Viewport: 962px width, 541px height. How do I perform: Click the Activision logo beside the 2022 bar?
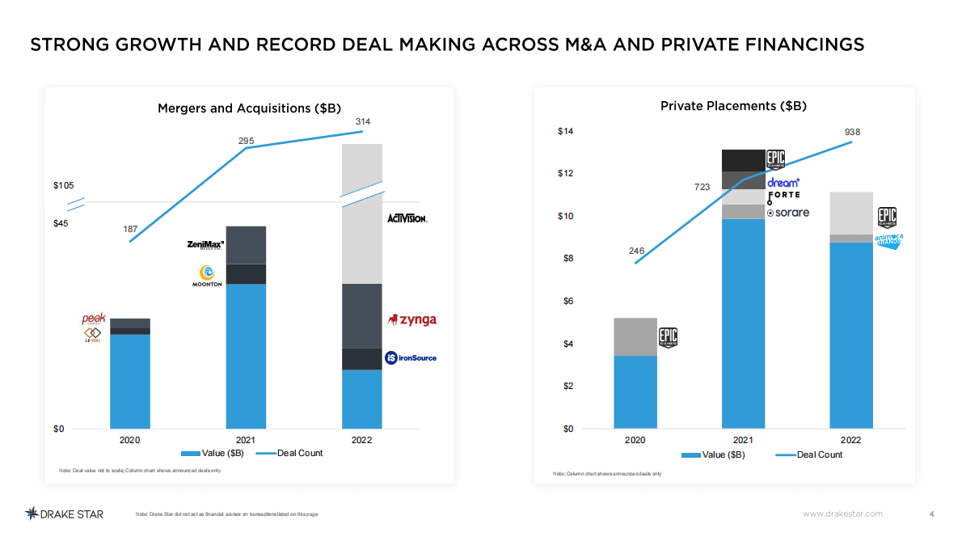pos(407,218)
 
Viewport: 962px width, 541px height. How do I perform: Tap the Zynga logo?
pos(413,319)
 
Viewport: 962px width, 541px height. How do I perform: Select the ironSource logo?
pos(411,357)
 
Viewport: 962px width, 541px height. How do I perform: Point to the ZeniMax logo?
pos(205,244)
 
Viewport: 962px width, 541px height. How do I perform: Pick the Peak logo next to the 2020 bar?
pos(94,319)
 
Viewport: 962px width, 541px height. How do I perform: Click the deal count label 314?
pos(363,121)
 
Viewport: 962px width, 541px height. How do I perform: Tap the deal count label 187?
pos(129,230)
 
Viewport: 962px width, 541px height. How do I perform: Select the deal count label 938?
pos(852,132)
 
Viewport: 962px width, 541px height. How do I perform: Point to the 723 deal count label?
pos(702,187)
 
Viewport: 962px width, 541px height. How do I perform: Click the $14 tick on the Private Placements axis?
pos(566,131)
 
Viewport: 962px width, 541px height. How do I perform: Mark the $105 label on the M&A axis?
pos(64,186)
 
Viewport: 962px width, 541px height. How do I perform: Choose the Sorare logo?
pos(787,213)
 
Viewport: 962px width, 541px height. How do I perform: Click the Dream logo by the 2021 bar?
pos(783,183)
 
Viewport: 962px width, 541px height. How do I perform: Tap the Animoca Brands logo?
pos(888,239)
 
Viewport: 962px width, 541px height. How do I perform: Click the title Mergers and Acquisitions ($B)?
pos(249,108)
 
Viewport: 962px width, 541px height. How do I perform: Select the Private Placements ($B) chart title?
pos(733,106)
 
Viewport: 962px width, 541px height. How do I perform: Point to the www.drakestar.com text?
pos(842,514)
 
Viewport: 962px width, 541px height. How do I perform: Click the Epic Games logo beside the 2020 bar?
pos(668,336)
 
